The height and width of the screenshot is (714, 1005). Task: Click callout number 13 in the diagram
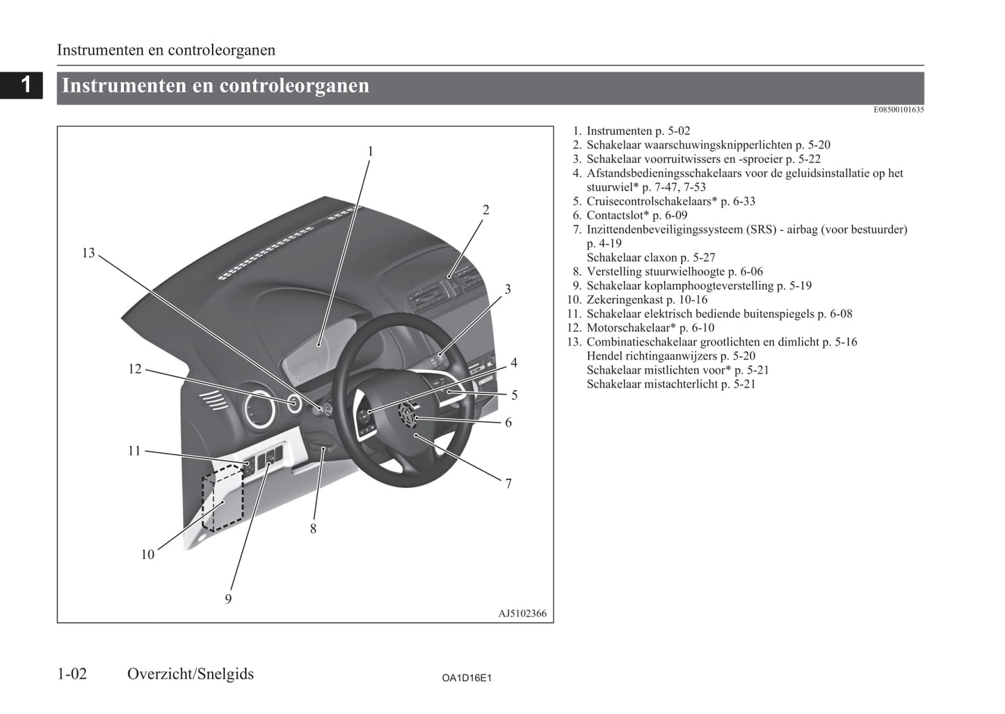pos(88,253)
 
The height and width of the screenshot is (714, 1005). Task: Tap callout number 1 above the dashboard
pos(370,151)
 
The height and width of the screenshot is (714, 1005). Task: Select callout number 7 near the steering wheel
pos(508,483)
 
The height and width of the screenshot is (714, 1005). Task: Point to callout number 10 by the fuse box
pos(147,555)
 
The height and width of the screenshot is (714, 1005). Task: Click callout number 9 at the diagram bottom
pos(228,598)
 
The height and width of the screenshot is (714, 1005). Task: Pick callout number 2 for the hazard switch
pos(485,209)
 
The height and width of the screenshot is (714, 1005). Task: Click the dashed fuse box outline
pos(223,498)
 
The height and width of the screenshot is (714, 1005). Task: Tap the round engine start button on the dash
pos(294,403)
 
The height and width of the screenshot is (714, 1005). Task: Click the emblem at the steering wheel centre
pos(405,416)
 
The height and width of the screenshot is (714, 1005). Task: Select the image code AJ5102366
pos(522,614)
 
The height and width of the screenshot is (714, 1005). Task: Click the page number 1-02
pos(72,674)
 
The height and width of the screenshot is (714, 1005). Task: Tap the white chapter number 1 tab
pos(26,84)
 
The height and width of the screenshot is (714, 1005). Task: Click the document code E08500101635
pos(899,109)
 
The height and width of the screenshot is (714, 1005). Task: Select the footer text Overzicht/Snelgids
pos(191,674)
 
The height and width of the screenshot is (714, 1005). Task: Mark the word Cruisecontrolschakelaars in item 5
pos(651,202)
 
